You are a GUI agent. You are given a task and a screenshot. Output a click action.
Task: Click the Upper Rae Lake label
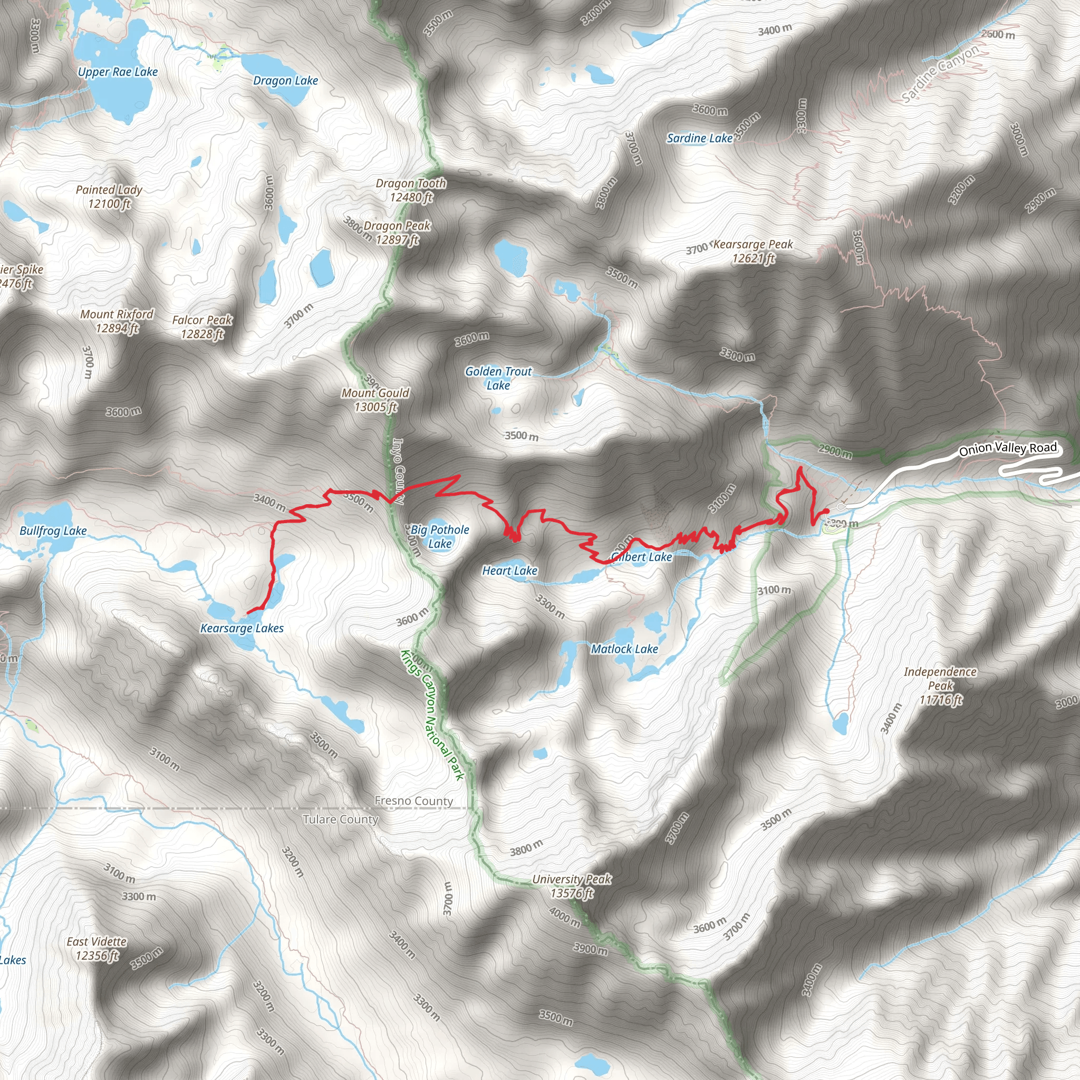coord(118,72)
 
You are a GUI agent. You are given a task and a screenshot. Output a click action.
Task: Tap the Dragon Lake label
coord(285,81)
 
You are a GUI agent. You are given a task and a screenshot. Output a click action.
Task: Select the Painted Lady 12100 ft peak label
coord(109,197)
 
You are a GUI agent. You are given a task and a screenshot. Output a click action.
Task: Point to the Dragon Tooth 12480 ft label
coord(411,190)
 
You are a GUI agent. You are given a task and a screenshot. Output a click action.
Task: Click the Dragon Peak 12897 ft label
coord(397,233)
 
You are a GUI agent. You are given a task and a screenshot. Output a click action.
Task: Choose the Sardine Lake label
coord(699,138)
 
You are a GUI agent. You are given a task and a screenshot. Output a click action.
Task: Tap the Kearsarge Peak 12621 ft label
coord(753,251)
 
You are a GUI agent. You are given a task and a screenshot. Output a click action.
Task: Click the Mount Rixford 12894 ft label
coord(117,321)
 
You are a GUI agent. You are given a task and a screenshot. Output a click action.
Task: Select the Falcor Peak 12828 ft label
coord(202,327)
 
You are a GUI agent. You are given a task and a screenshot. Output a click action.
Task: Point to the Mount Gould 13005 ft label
coord(375,400)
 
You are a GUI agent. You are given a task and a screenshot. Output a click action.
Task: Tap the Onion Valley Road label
coord(1007,448)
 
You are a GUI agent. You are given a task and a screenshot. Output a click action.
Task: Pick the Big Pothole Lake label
coord(440,536)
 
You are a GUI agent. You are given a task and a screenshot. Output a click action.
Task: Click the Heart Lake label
coord(509,571)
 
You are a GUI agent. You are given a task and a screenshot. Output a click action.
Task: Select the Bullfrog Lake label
coord(53,531)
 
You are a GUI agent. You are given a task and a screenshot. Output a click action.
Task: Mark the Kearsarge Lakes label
coord(242,628)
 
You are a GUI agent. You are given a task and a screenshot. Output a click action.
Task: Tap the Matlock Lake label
coord(624,649)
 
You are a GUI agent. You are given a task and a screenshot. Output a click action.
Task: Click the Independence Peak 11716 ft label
coord(940,686)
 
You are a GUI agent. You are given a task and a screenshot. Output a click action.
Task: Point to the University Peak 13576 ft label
coord(571,886)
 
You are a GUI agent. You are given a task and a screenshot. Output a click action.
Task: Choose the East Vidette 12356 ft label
coord(97,949)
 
